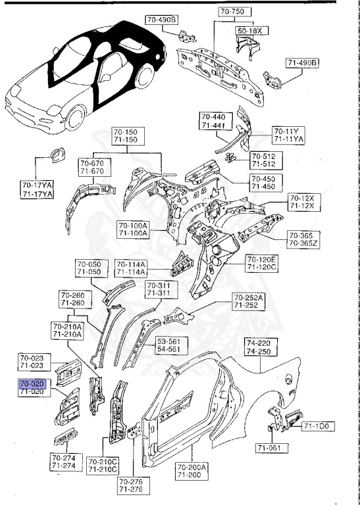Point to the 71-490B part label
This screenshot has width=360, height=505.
pyautogui.click(x=302, y=63)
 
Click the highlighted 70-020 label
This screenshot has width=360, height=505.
pyautogui.click(x=32, y=383)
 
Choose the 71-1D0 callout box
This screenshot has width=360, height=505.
pyautogui.click(x=319, y=427)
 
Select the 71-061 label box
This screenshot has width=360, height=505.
pyautogui.click(x=270, y=448)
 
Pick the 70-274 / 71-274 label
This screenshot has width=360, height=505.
pyautogui.click(x=64, y=462)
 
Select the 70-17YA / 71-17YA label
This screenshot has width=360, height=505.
pyautogui.click(x=37, y=190)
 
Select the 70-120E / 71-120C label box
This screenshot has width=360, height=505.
pyautogui.click(x=262, y=263)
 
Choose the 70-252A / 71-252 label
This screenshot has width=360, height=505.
pyautogui.click(x=247, y=302)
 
